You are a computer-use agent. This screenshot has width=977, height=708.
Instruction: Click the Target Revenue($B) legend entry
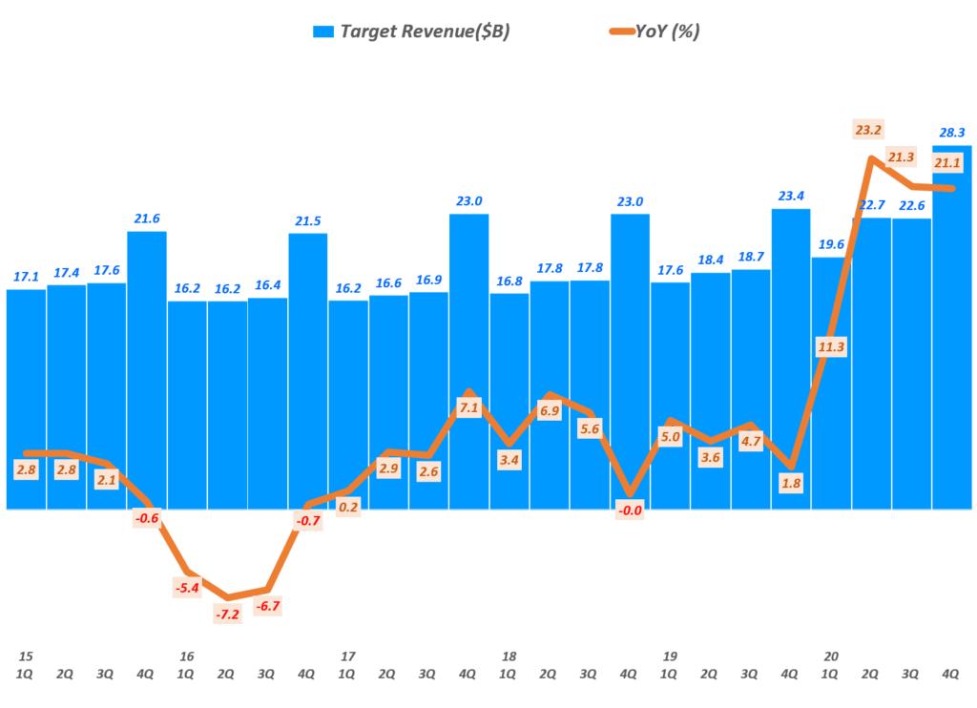tap(410, 31)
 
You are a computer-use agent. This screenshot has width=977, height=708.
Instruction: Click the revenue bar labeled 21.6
tap(147, 372)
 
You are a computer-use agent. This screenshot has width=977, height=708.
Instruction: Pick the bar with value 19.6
tap(831, 382)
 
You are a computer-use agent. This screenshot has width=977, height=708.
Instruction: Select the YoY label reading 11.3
tap(831, 346)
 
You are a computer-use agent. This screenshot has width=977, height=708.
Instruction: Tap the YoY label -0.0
tap(630, 510)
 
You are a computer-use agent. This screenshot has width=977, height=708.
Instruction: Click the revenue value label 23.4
tap(790, 197)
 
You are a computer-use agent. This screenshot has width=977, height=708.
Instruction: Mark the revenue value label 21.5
tap(307, 221)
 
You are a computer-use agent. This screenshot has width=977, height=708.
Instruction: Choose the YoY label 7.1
tap(468, 407)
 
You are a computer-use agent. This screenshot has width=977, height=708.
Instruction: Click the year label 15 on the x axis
tap(26, 656)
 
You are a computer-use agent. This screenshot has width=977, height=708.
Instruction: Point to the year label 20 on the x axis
tap(831, 656)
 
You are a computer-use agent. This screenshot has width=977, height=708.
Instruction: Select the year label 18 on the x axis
tap(509, 656)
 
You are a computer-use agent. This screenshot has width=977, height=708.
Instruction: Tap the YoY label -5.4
tap(187, 588)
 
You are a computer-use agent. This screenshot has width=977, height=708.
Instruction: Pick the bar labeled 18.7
tap(750, 391)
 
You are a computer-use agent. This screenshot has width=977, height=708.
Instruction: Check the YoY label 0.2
tap(348, 507)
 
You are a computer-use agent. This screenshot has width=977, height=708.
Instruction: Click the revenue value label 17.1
tap(26, 277)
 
